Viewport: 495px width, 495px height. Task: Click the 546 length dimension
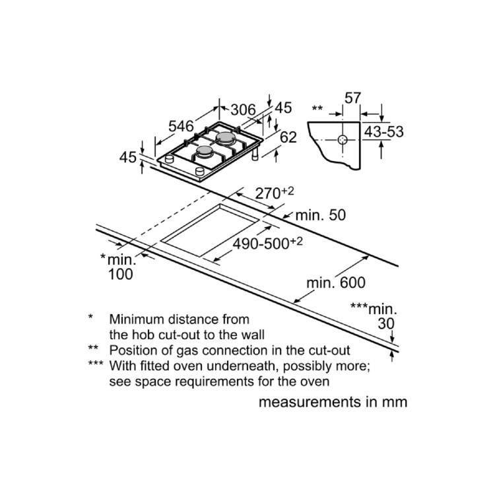(x=181, y=126)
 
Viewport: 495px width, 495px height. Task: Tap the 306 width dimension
(x=243, y=110)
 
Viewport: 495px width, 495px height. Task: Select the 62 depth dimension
(x=288, y=137)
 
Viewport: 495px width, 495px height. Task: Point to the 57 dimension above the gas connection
(x=352, y=98)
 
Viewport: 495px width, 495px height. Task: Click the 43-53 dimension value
(x=384, y=131)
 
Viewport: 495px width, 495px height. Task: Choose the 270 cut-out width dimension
(x=275, y=193)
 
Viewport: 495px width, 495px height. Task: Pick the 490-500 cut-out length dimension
(x=268, y=243)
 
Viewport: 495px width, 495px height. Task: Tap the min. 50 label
(x=320, y=215)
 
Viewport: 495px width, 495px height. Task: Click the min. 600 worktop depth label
(x=336, y=282)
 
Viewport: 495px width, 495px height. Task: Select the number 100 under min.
(x=120, y=275)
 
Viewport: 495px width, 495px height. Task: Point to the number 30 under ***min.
(x=386, y=323)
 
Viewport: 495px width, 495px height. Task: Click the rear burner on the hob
(x=225, y=137)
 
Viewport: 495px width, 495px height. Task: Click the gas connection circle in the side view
(x=343, y=139)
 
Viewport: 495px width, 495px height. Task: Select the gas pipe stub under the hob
(x=255, y=155)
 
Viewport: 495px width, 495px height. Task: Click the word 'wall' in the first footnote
(x=253, y=335)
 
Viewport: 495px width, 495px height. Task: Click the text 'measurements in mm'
(x=333, y=402)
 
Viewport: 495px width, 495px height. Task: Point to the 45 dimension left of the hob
(x=128, y=157)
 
